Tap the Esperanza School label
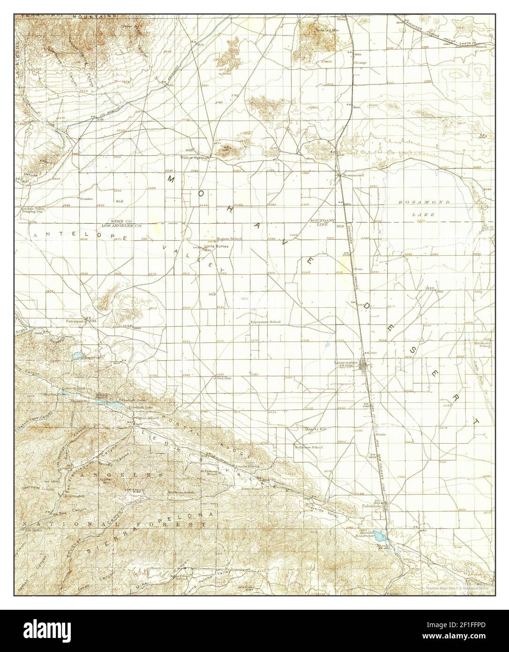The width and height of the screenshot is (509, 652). point(265,322)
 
